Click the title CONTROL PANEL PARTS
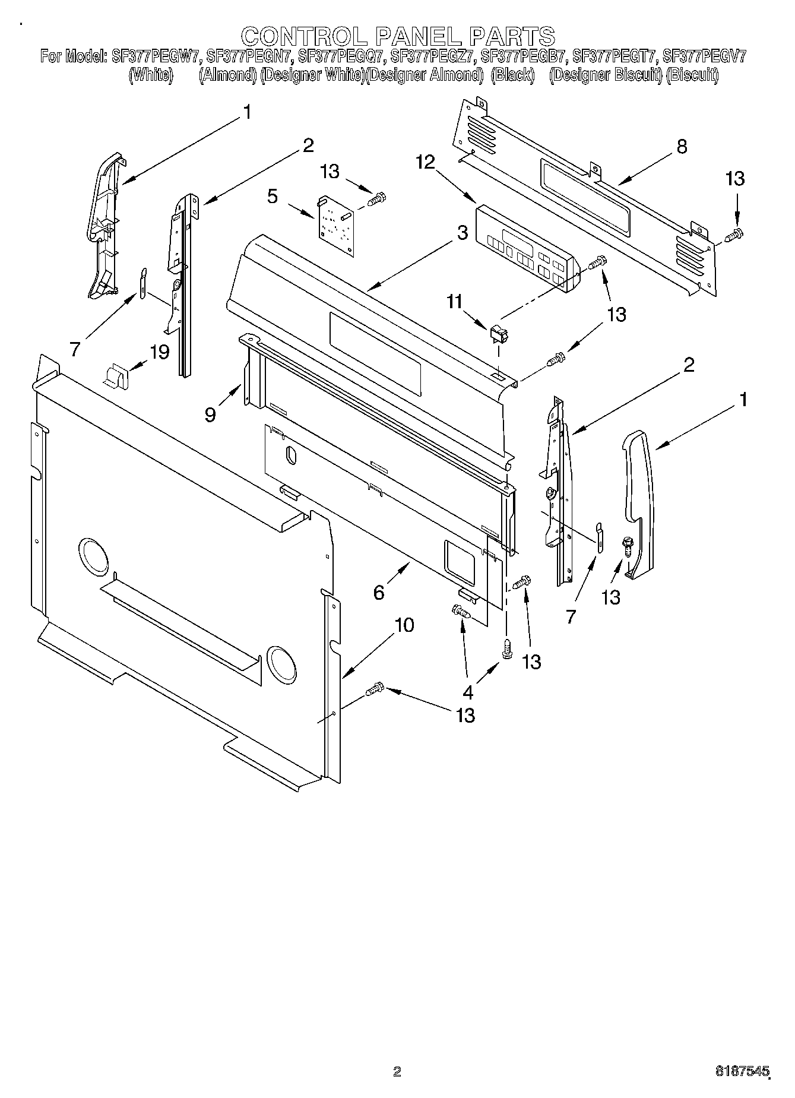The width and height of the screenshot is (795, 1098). (x=397, y=36)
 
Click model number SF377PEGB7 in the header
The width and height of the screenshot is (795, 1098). (x=525, y=57)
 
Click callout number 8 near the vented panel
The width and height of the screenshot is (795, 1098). (x=682, y=147)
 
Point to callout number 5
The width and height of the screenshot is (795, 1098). (x=273, y=196)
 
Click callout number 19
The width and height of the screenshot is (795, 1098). (x=160, y=352)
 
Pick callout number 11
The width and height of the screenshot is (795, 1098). (x=454, y=302)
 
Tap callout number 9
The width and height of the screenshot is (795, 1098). (x=210, y=414)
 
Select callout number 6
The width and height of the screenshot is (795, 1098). (x=379, y=592)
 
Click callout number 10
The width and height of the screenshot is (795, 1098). (x=404, y=625)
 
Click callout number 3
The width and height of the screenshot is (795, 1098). (x=463, y=233)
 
